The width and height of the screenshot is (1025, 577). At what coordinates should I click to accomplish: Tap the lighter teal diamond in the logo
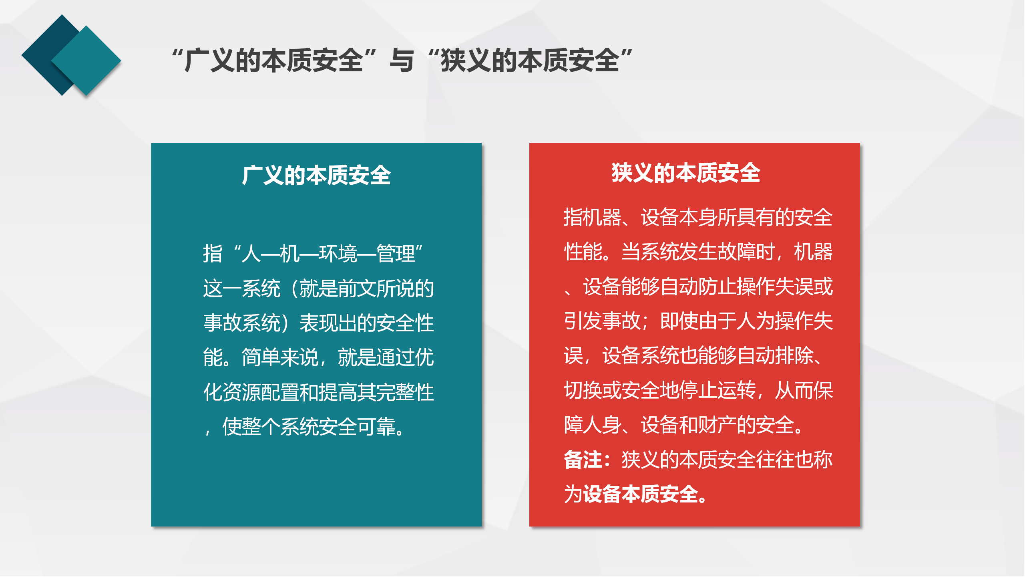tap(86, 61)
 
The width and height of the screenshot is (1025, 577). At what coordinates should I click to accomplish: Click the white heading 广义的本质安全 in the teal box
tap(316, 175)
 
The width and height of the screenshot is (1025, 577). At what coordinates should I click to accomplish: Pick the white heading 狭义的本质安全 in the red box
tap(686, 173)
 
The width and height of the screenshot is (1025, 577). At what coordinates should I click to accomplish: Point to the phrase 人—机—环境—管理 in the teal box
tap(328, 254)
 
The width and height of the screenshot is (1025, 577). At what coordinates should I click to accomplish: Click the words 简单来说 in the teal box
tap(280, 357)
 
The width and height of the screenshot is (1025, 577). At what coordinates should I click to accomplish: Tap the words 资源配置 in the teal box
tap(261, 392)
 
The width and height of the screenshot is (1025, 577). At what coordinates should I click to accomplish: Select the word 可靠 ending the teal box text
tap(376, 426)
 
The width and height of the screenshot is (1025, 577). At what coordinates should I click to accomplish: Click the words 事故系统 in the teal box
tap(242, 323)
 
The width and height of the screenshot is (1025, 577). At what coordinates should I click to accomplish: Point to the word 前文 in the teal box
tap(357, 288)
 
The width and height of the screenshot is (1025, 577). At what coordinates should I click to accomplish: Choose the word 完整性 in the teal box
tap(405, 392)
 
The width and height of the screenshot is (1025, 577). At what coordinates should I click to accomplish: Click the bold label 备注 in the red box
tap(583, 460)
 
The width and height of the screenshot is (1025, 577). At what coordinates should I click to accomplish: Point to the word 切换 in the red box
tap(583, 390)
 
